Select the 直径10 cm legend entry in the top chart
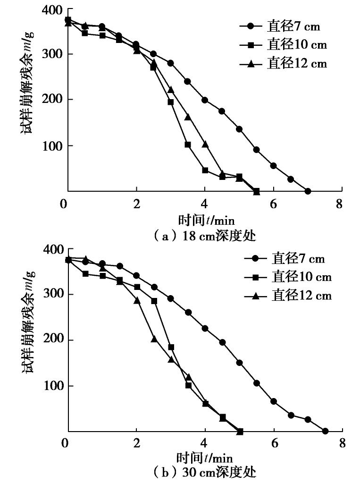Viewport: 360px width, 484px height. coord(283,45)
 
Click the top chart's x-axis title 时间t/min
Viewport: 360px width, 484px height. coord(206,220)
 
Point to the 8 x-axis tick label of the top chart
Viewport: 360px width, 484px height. coord(342,204)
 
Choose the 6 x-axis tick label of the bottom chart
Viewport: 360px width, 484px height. coord(273,444)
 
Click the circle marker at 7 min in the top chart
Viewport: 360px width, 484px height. coord(308,191)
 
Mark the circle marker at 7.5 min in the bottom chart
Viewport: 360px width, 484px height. coord(325,431)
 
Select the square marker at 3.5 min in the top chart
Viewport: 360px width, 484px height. coord(188,144)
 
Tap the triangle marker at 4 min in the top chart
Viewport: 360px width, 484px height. coord(205,144)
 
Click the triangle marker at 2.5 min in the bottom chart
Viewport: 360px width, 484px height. coord(154,339)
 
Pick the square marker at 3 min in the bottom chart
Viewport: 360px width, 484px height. coord(171,347)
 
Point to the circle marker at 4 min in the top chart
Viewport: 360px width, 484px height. coord(205,100)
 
